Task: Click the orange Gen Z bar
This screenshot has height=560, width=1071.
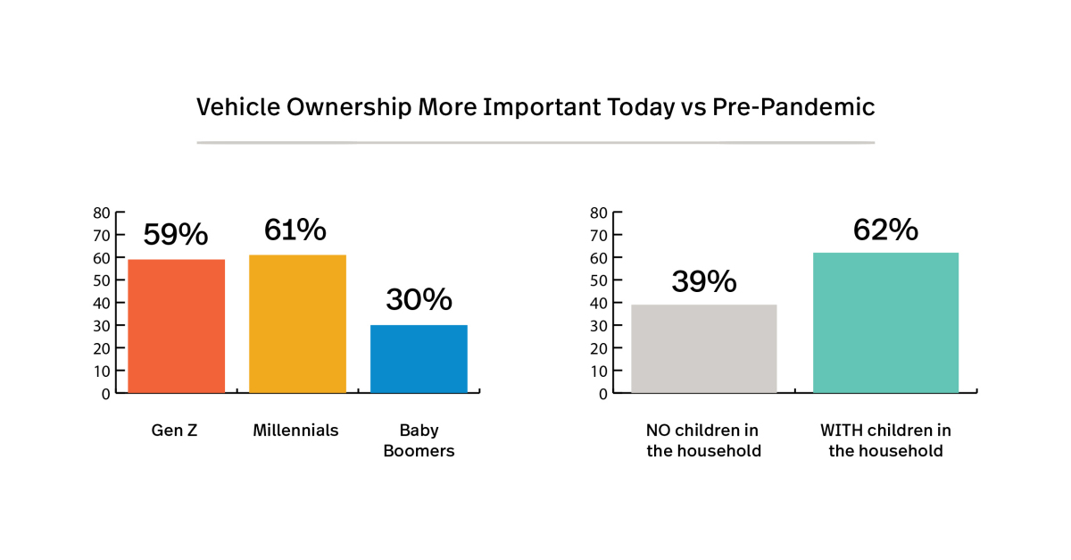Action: [176, 326]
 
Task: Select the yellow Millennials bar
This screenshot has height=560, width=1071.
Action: [297, 323]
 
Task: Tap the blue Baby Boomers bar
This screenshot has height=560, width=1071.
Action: [419, 358]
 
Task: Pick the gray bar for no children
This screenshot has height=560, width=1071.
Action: [703, 348]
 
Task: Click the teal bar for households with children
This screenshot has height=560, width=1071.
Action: [885, 322]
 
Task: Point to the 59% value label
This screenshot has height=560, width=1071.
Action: [176, 235]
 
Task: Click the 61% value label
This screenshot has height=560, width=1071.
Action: [295, 230]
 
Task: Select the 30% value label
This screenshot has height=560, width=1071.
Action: [419, 300]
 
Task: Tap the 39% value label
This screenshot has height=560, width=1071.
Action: [703, 281]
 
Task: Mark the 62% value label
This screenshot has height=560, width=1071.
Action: [885, 230]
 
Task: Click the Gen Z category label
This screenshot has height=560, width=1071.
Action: [174, 430]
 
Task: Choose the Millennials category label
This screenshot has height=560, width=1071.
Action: [295, 430]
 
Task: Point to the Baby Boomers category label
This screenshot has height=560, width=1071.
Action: [419, 440]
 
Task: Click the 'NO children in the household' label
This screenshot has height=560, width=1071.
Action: [703, 440]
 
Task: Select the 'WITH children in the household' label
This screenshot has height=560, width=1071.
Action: [885, 440]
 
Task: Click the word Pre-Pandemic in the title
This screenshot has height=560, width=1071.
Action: [793, 107]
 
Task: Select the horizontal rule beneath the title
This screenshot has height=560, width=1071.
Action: [535, 142]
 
